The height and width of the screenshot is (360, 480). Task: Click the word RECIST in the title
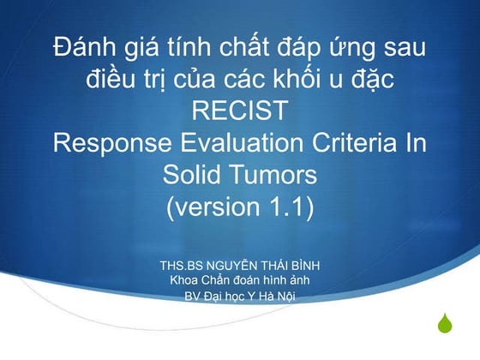pos(239,111)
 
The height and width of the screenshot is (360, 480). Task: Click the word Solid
pos(194,174)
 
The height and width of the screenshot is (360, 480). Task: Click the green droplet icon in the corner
pos(444,326)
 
